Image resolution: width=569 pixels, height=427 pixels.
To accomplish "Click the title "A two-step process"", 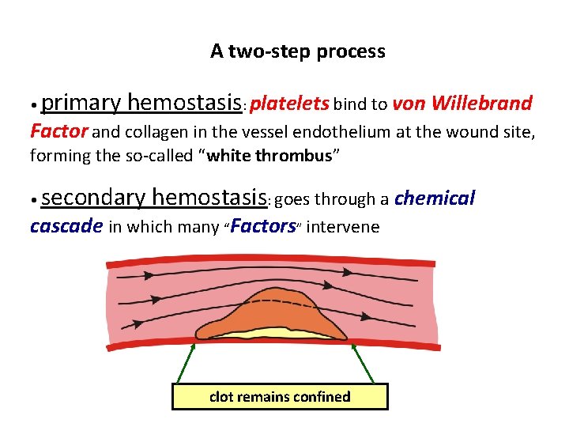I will pos(297,52).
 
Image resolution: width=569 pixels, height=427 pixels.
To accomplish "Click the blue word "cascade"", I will pos(66,227).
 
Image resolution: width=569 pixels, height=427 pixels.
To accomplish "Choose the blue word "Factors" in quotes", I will pos(263,227).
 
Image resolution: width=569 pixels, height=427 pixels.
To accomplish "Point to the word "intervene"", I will pos(342,228).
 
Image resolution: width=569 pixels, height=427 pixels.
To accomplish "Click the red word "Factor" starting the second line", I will pos(59,131).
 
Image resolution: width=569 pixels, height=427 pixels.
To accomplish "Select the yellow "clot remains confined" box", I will pos(280,396).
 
